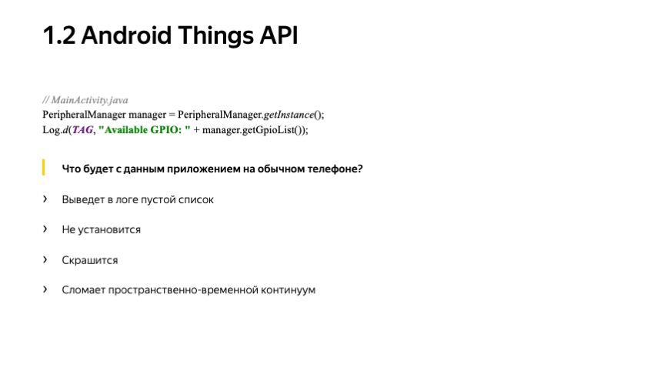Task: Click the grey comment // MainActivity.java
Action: (x=85, y=100)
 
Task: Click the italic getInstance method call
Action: (x=289, y=115)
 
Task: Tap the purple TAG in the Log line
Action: (x=82, y=130)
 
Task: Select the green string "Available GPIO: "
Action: (x=144, y=130)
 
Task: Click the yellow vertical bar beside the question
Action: (x=44, y=168)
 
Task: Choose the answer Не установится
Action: (x=101, y=229)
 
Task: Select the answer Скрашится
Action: (x=89, y=260)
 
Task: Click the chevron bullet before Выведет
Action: (x=45, y=199)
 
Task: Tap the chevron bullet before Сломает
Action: (x=45, y=289)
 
